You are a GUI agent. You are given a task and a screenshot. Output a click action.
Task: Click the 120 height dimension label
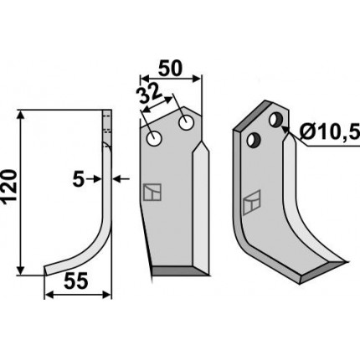tap(9, 187)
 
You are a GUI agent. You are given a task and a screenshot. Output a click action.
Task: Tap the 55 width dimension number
tap(76, 281)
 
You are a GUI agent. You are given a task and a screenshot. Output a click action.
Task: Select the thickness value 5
tap(79, 180)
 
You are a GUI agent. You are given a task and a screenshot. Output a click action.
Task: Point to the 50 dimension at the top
tap(170, 69)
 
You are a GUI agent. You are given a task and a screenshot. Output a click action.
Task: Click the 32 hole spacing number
tap(149, 95)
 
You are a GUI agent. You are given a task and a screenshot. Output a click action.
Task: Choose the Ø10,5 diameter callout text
tap(330, 131)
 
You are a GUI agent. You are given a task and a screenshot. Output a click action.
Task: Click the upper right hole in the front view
tap(187, 122)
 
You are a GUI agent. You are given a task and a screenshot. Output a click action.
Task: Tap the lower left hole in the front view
tap(154, 138)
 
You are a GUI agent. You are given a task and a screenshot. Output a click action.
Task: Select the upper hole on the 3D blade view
tap(276, 120)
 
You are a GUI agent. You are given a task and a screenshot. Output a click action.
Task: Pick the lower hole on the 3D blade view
tap(254, 140)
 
